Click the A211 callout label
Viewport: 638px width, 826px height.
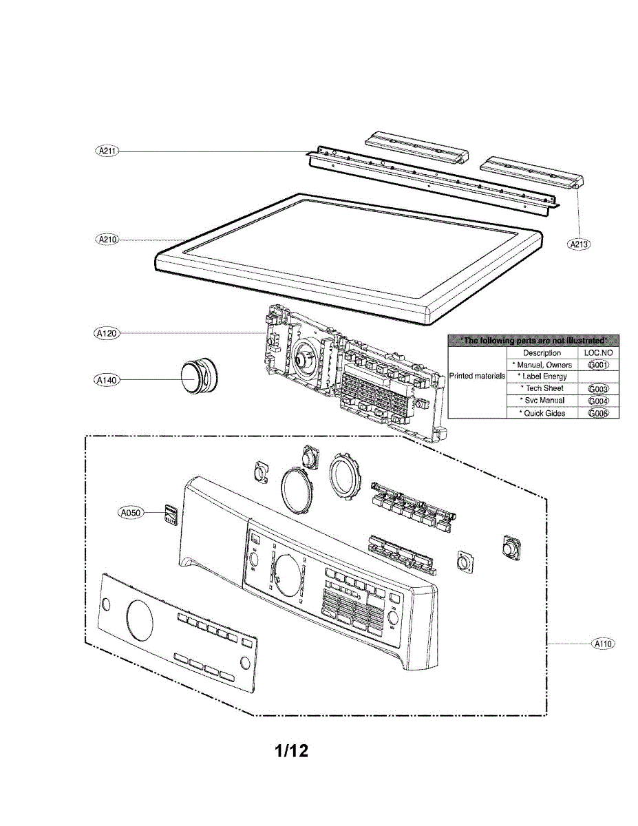coord(107,151)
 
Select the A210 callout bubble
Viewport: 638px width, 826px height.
coord(107,239)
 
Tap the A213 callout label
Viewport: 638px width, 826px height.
coord(579,243)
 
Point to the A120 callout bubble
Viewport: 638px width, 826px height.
coord(107,333)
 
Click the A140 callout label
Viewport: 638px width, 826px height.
coord(107,379)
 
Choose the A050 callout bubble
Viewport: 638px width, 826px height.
coord(129,512)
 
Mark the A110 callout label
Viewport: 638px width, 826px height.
coord(602,644)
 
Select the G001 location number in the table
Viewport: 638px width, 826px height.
coord(598,365)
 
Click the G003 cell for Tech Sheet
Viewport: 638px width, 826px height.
coord(598,389)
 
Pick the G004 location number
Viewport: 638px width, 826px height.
coord(598,401)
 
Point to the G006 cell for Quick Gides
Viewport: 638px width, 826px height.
coord(598,413)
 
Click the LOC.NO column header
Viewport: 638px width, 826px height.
coord(598,352)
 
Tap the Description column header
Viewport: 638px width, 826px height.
coord(542,352)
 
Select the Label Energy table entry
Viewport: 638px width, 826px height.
coord(542,377)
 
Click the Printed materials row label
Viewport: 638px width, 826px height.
coord(477,377)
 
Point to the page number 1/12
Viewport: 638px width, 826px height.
coord(292,750)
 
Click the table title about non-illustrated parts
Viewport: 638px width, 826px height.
coord(533,340)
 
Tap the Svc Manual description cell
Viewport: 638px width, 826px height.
coord(542,401)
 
